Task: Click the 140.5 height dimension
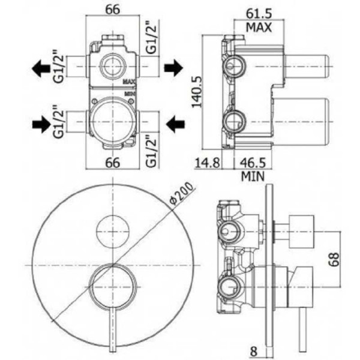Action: pyautogui.click(x=197, y=92)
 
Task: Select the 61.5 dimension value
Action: pyautogui.click(x=259, y=14)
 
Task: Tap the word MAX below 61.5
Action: pyautogui.click(x=259, y=28)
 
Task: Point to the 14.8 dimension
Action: pyautogui.click(x=208, y=163)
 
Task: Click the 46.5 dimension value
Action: pyautogui.click(x=253, y=163)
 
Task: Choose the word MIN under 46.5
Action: pyautogui.click(x=253, y=176)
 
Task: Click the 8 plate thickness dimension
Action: pyautogui.click(x=253, y=351)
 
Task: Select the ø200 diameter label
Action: pyautogui.click(x=181, y=193)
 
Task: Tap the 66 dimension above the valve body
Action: pyautogui.click(x=113, y=10)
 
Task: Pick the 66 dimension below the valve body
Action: pyautogui.click(x=113, y=163)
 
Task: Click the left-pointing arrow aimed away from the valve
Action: pyautogui.click(x=41, y=68)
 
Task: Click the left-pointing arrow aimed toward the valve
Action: pyautogui.click(x=175, y=124)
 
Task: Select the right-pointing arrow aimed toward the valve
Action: pyautogui.click(x=41, y=124)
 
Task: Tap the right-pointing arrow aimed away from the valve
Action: pyautogui.click(x=174, y=68)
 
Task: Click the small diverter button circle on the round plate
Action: pyautogui.click(x=113, y=232)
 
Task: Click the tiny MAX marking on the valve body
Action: pyautogui.click(x=130, y=82)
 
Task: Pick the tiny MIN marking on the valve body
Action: pyautogui.click(x=130, y=94)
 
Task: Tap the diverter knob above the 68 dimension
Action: pyautogui.click(x=302, y=232)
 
